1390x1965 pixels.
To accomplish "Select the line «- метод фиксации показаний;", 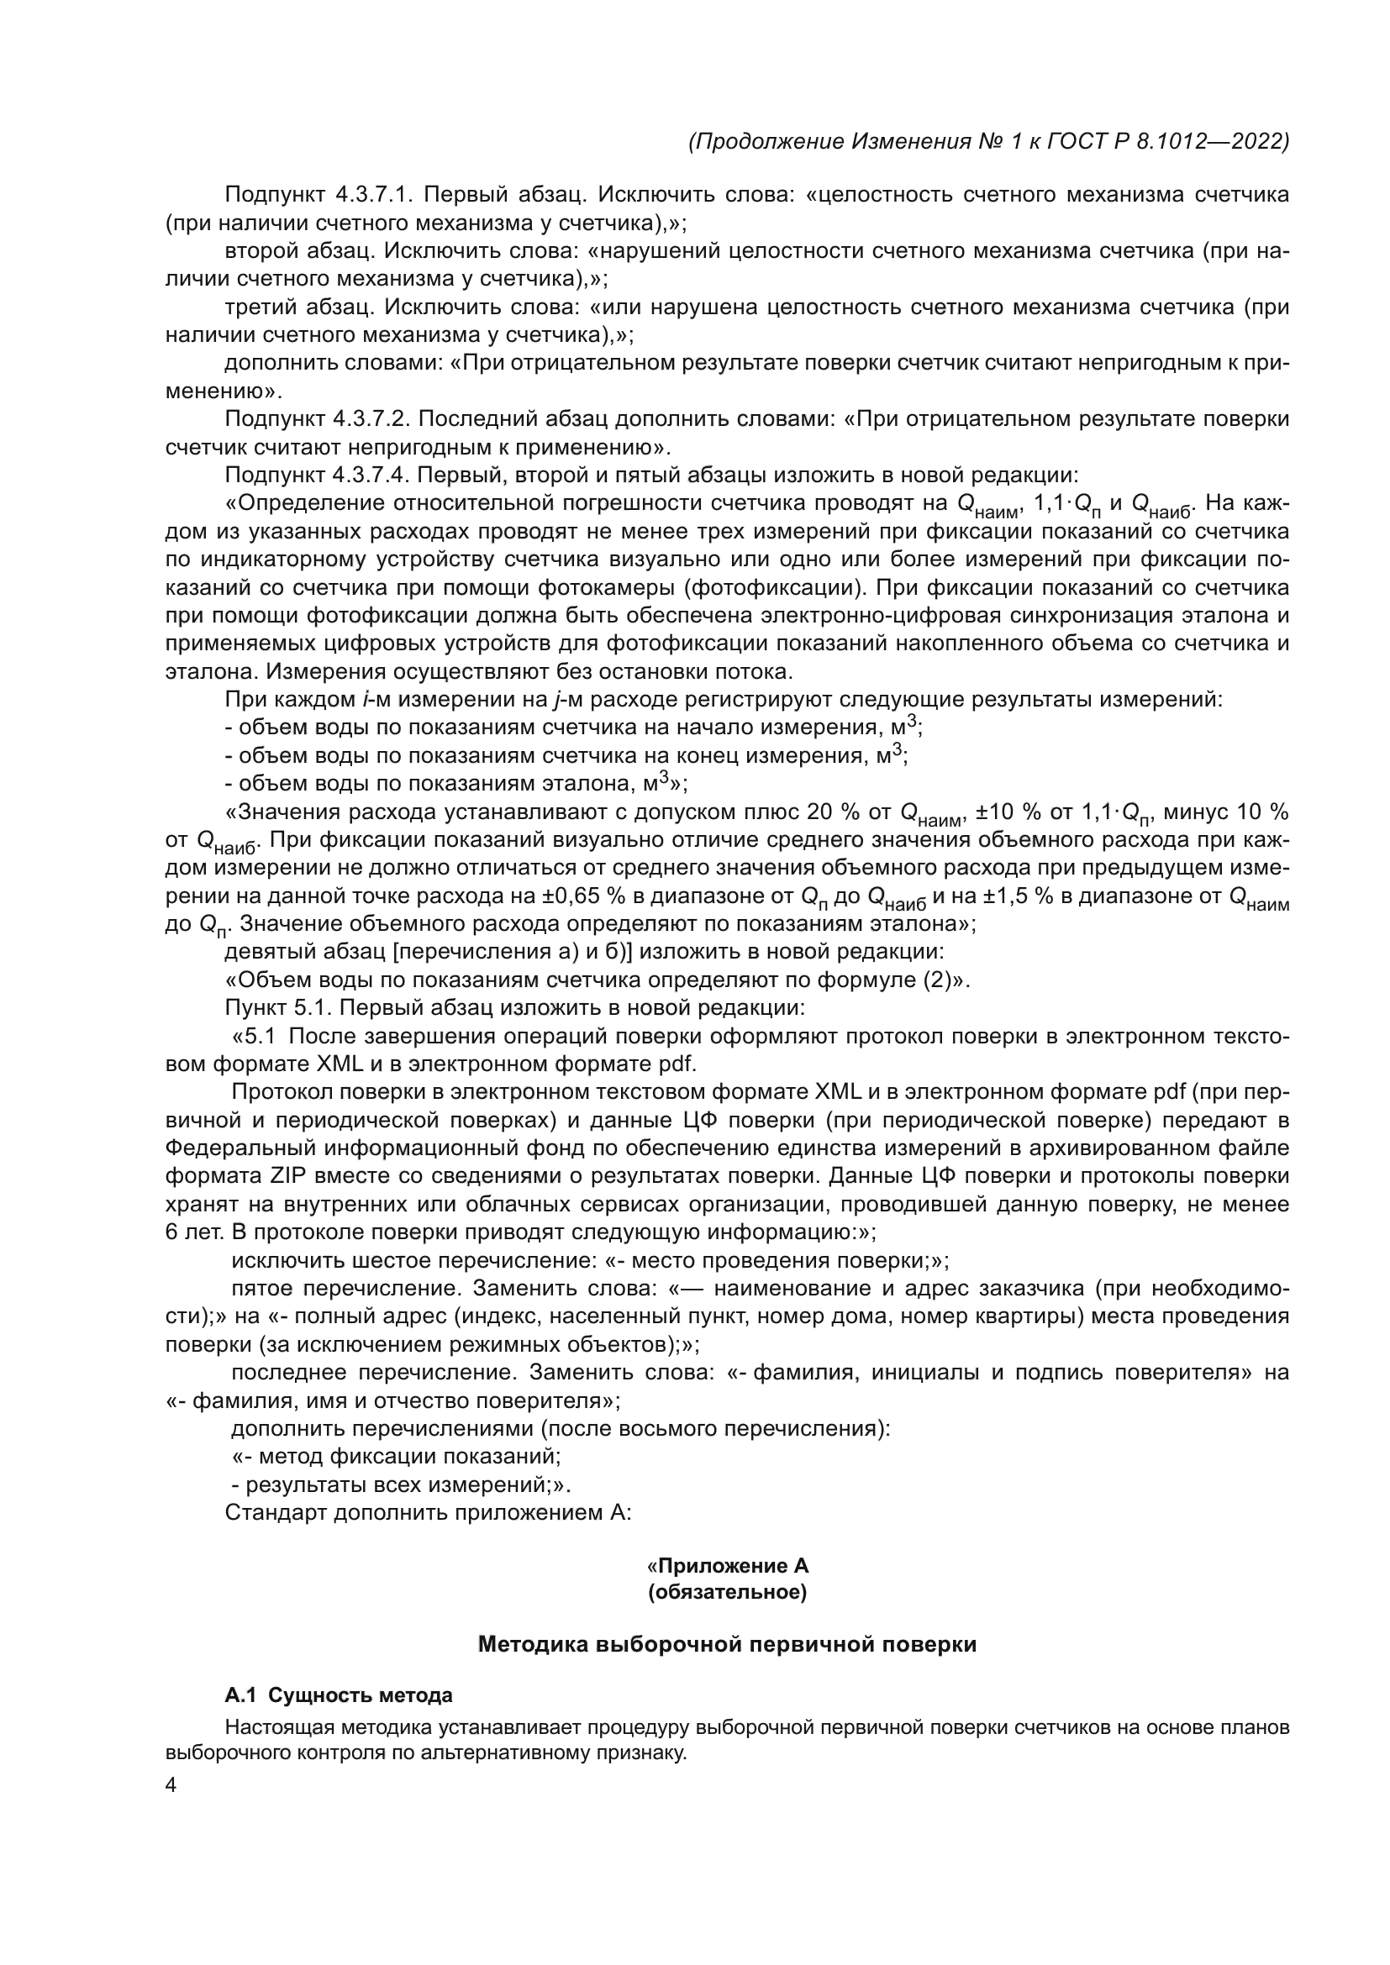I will (397, 1457).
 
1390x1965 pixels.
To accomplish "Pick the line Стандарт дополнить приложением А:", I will (428, 1512).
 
